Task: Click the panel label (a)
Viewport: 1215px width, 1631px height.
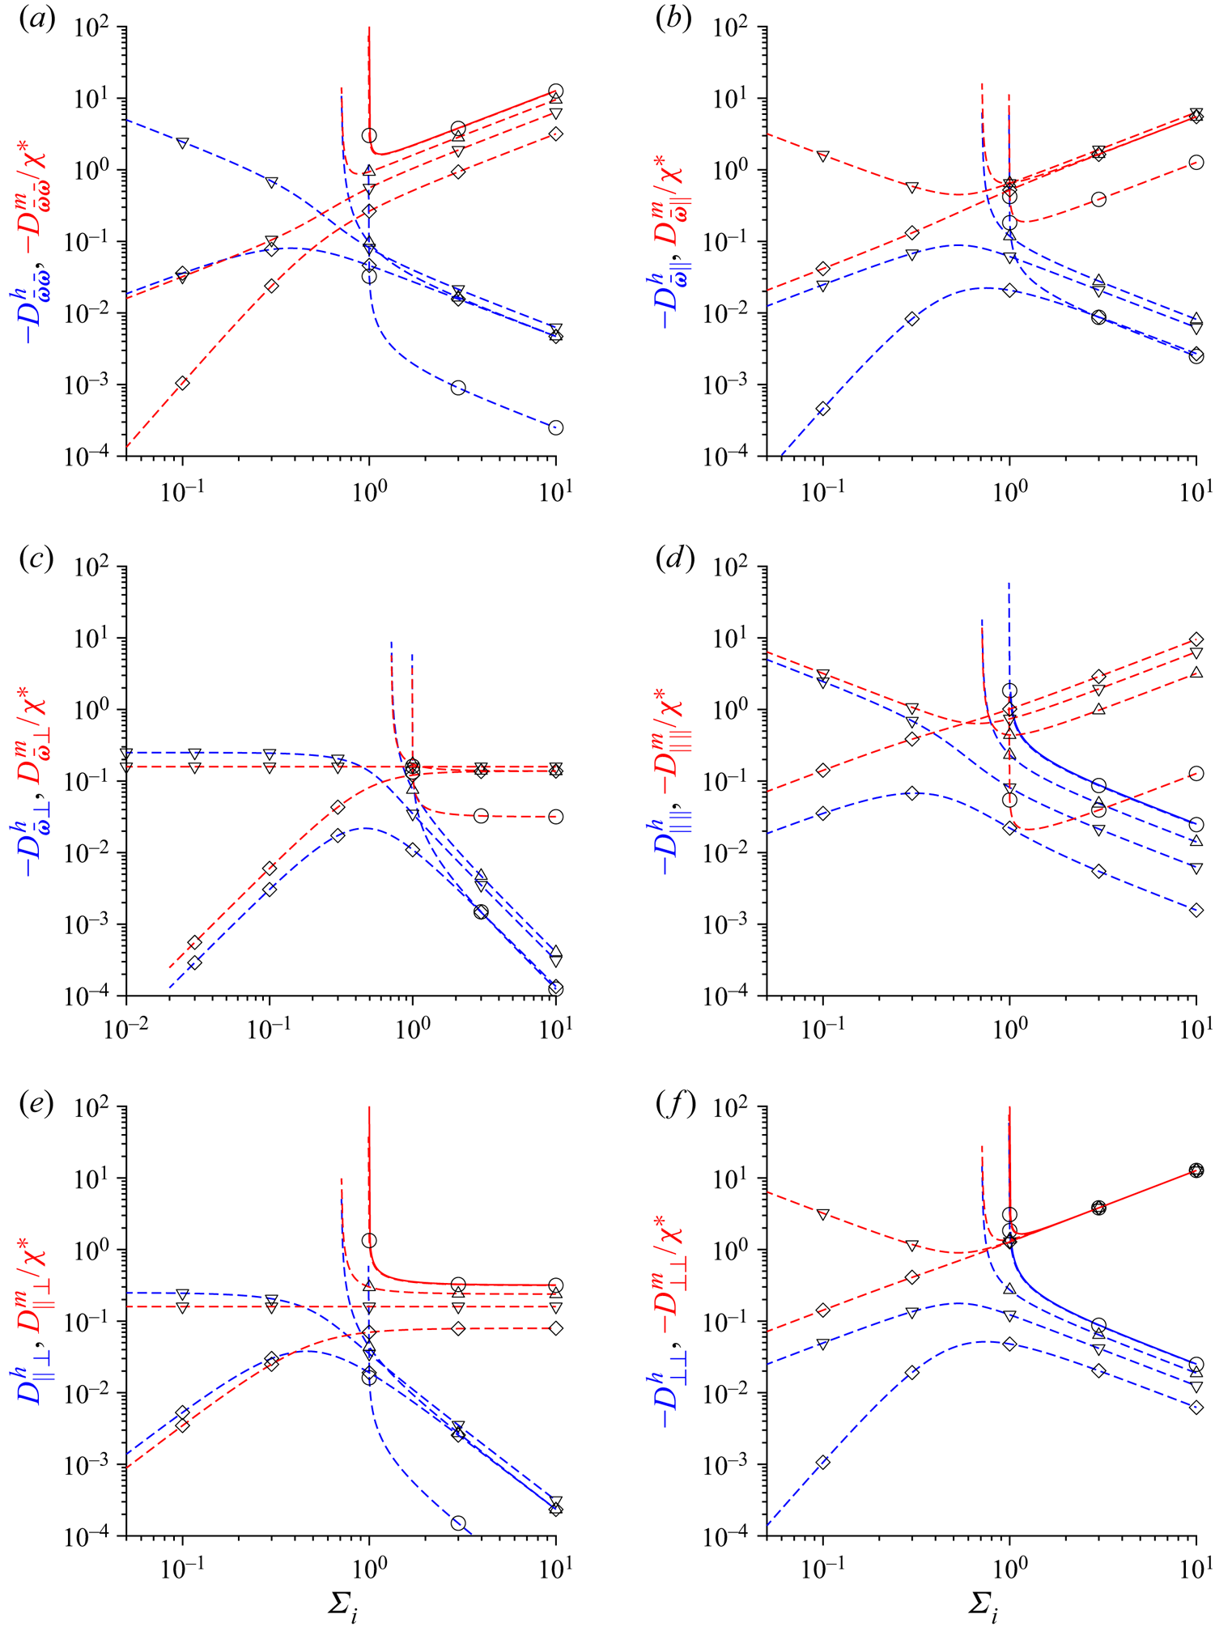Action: point(37,19)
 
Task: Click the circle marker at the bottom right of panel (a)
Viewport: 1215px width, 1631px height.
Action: point(555,427)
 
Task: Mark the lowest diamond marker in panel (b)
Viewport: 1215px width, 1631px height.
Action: point(823,408)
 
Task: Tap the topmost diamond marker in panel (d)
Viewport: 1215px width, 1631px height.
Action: point(1196,639)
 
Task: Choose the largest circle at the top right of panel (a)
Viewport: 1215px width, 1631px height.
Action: point(555,91)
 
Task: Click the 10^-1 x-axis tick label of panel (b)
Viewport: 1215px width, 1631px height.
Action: point(822,491)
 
